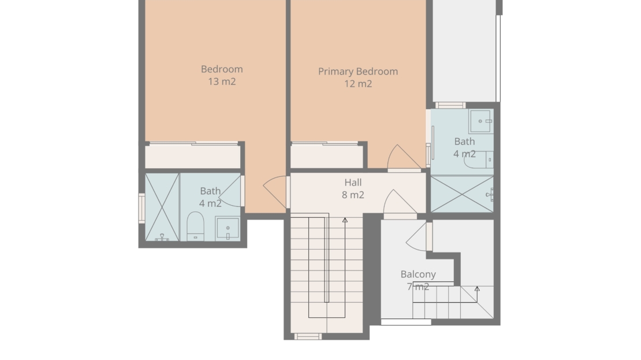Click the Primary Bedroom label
358,72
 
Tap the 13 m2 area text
222,81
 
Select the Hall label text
353,183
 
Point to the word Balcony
418,274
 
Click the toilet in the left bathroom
195,226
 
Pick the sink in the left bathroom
228,228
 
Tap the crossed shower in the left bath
162,207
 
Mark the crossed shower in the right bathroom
463,194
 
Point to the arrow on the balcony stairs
476,295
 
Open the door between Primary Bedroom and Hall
404,157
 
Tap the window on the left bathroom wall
142,209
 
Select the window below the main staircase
308,337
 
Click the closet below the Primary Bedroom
326,156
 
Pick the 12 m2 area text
358,84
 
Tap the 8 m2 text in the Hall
353,195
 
